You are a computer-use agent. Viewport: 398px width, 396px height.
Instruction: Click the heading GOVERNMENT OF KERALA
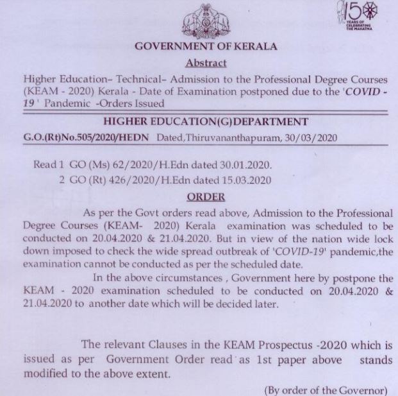coord(205,46)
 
